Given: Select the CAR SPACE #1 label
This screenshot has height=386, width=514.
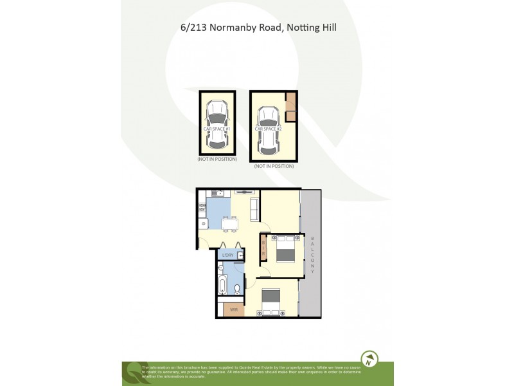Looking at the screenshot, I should coord(217,129).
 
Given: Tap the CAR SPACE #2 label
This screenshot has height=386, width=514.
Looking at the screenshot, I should coord(269,129).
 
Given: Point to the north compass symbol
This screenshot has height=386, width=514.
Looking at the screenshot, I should coord(369,359).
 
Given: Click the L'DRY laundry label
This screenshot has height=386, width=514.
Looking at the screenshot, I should coord(227,255).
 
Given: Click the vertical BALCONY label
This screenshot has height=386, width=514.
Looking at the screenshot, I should coord(312,255).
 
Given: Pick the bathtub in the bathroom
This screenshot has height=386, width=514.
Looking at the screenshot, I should coord(222,285).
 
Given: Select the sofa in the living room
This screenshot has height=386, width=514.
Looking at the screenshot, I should coord(254,210).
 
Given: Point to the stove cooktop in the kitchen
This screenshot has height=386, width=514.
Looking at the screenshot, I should coord(202,207).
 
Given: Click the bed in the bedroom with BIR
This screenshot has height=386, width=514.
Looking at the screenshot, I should coord(285,248).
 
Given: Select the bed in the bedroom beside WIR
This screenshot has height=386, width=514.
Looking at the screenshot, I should coord(271,302).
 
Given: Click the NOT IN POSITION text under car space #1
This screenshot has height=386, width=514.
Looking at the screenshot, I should coord(217,159).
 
